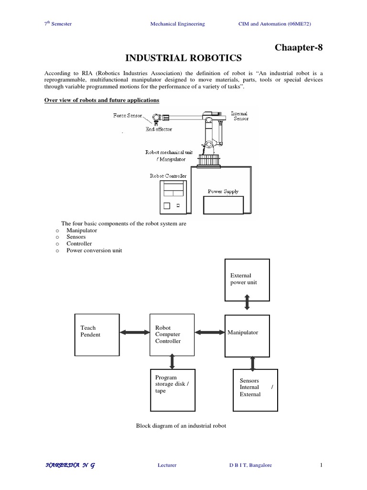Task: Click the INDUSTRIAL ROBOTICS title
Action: tap(183, 58)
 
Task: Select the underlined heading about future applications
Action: tap(102, 100)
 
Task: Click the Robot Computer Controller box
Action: tap(172, 334)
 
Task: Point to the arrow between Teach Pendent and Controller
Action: tap(134, 332)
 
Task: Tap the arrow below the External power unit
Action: tap(247, 303)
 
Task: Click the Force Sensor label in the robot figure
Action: tap(128, 116)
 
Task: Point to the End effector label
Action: tap(159, 129)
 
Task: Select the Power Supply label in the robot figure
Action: tap(223, 191)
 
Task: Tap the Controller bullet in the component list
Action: tap(79, 244)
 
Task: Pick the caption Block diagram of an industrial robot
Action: tap(178, 426)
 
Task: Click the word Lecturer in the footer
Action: tap(167, 465)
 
